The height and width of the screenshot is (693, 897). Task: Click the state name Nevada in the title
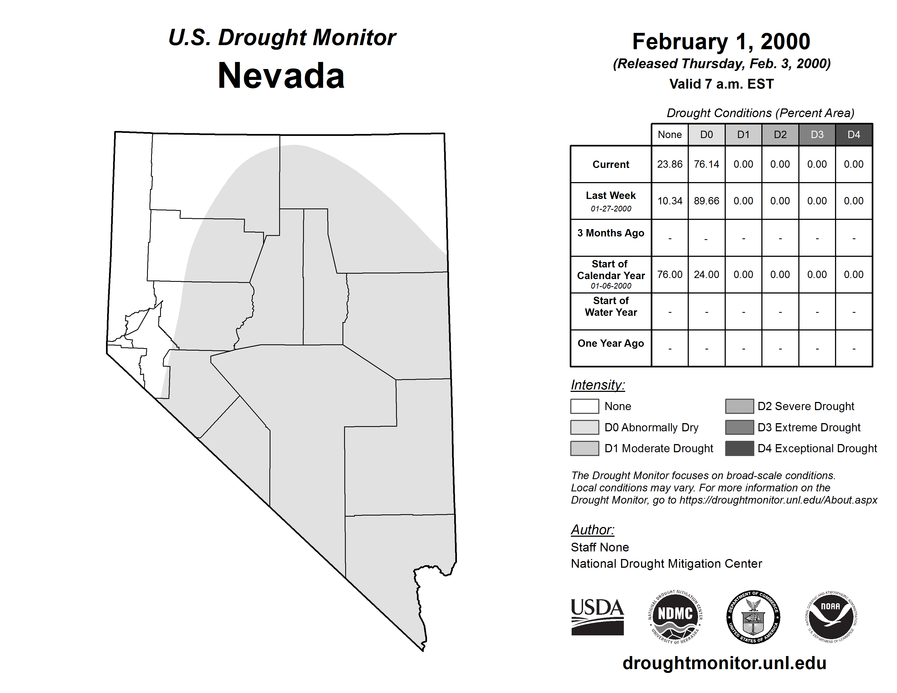pos(281,76)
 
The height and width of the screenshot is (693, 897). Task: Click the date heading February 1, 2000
pos(721,42)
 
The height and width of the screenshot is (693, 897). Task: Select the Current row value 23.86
pos(669,164)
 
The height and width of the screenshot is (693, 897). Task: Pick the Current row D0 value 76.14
pos(706,164)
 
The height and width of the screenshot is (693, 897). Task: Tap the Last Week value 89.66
pos(706,201)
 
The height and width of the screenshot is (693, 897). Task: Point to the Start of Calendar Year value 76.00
pos(669,274)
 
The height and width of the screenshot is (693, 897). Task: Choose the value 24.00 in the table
pos(706,274)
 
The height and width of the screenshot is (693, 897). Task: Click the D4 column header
pos(854,135)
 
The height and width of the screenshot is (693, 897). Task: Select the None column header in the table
pos(669,135)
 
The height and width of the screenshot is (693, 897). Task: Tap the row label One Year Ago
pos(611,343)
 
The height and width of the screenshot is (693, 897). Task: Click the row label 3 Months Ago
pos(611,233)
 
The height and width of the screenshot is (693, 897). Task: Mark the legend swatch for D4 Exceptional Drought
pos(739,448)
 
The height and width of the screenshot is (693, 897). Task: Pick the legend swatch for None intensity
pos(584,406)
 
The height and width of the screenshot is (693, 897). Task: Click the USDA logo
pos(597,617)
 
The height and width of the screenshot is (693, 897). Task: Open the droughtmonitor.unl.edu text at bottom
pos(724,663)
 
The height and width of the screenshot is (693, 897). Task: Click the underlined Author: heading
pos(592,530)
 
